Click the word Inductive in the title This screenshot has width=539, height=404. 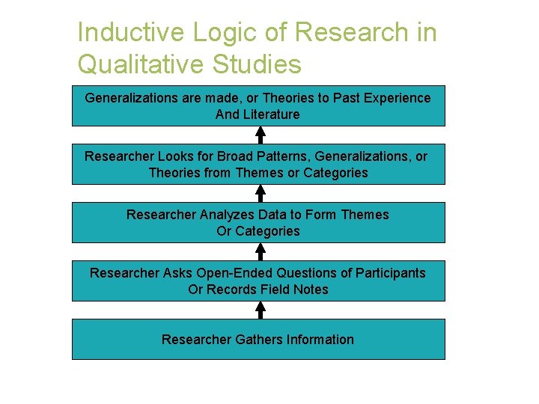point(129,33)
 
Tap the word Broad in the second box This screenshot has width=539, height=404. point(234,156)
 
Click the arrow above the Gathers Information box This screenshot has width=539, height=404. point(260,310)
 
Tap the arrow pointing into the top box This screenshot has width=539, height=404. point(260,135)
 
